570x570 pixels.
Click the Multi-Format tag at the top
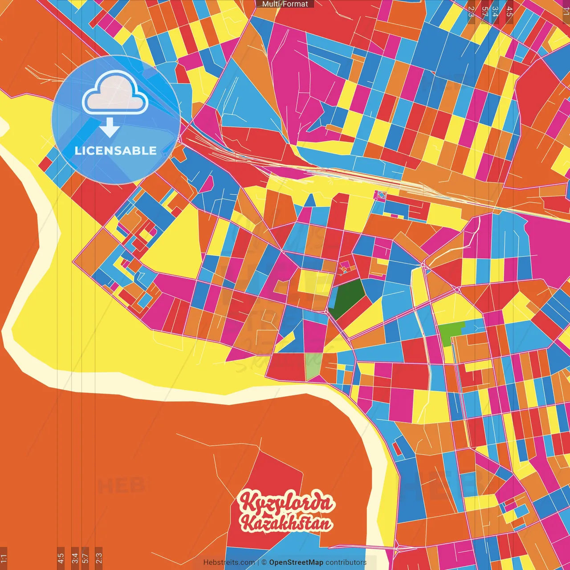coord(285,4)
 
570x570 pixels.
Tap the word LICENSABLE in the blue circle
coord(116,151)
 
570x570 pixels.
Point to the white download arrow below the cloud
coord(110,127)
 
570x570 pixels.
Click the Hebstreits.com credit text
coord(229,562)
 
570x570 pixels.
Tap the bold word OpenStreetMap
coord(296,562)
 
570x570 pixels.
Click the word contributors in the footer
coord(346,562)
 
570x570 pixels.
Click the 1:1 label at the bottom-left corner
coord(4,558)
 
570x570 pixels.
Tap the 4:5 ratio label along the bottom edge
coord(61,558)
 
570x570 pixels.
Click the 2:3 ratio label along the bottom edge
coord(99,558)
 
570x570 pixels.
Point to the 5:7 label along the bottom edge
coord(85,558)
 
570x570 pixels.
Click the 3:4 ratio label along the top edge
coord(495,12)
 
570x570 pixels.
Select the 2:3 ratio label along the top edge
coord(471,12)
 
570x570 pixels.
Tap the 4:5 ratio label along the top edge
coord(509,12)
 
